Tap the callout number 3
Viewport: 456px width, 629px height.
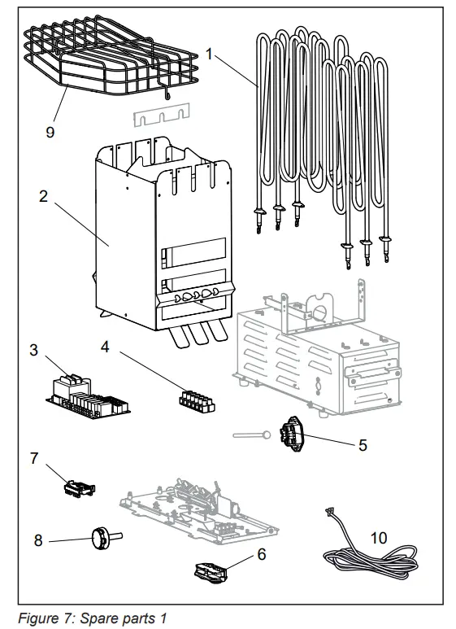tap(33, 350)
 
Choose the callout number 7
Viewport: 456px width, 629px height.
tap(34, 458)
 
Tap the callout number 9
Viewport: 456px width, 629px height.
tap(50, 130)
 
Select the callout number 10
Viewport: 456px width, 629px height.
tap(379, 538)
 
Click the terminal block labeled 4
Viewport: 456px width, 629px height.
tap(195, 400)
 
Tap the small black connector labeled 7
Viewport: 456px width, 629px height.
tap(78, 489)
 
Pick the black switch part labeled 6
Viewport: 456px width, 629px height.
tap(211, 571)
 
